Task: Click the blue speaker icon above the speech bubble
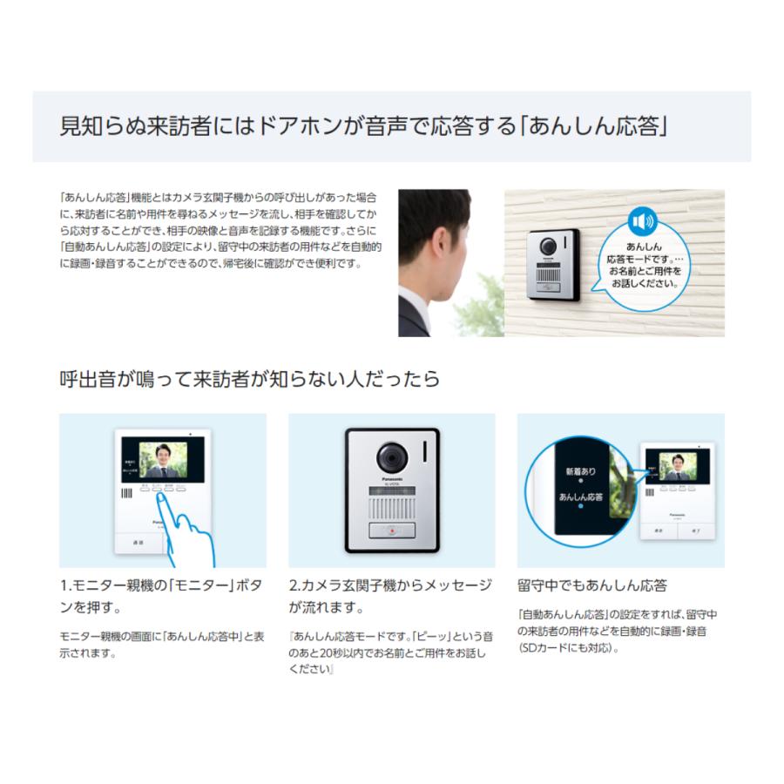641,221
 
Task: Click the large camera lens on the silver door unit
391,457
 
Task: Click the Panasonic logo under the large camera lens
391,480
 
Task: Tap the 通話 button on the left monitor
138,541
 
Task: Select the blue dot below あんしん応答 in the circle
580,506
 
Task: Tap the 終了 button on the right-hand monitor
695,529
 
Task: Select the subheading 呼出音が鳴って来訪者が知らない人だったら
249,379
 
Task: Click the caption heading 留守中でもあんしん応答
592,585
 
